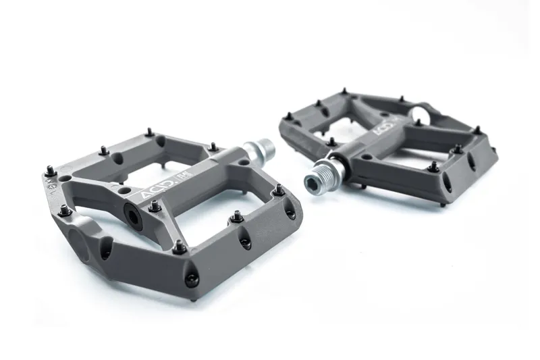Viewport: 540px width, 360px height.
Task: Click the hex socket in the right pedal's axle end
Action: pos(313,181)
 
